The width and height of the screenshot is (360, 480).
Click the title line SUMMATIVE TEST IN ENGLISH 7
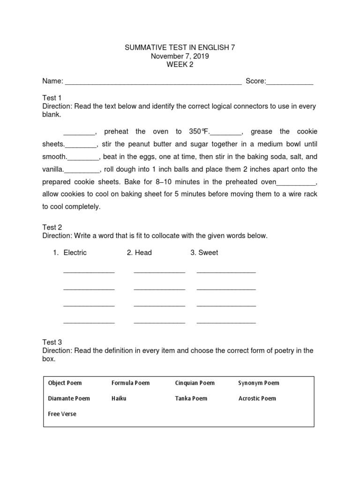tap(180, 48)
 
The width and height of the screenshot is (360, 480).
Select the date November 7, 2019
tap(180, 56)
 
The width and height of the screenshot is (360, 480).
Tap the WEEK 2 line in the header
tap(180, 65)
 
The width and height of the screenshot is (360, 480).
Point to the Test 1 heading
tap(52, 98)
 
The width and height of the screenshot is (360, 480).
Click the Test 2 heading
tap(52, 227)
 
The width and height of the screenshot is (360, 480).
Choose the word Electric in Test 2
tap(75, 253)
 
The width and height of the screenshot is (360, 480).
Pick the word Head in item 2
tap(143, 253)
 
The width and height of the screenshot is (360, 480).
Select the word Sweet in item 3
tap(208, 253)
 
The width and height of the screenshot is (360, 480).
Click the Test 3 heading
tap(52, 342)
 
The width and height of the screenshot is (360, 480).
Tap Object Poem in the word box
tap(65, 383)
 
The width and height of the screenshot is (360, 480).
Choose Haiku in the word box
tap(119, 398)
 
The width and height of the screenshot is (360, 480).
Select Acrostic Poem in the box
tap(257, 398)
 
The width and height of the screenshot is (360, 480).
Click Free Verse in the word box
tap(62, 414)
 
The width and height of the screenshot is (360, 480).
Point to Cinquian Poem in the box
tap(195, 383)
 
